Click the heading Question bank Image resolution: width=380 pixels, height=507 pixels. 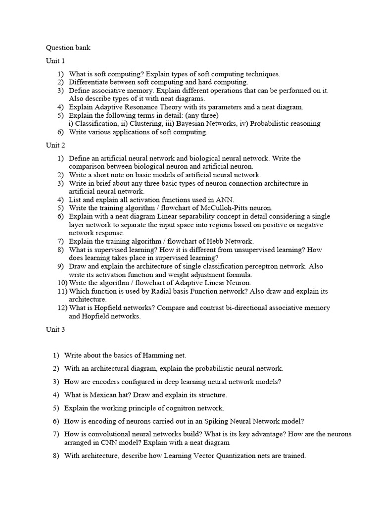68,48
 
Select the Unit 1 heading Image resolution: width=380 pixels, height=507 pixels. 55,61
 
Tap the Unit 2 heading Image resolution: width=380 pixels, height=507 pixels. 55,145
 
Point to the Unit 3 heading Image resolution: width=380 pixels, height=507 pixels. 55,329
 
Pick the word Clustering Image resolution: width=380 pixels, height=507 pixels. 138,124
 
